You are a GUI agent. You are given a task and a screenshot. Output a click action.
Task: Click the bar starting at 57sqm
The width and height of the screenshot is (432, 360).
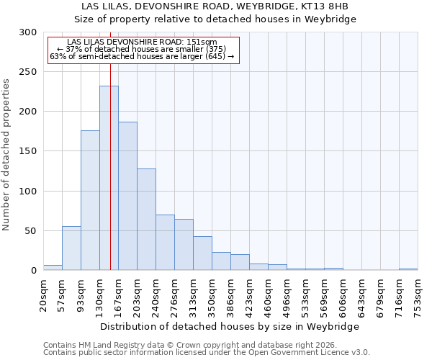point(71,248)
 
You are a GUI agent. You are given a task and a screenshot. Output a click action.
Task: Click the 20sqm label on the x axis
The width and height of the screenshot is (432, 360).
point(44,295)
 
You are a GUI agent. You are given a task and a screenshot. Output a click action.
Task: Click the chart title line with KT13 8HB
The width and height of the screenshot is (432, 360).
point(216,6)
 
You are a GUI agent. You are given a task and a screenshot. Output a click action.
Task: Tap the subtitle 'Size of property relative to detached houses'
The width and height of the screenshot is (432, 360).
point(216,19)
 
